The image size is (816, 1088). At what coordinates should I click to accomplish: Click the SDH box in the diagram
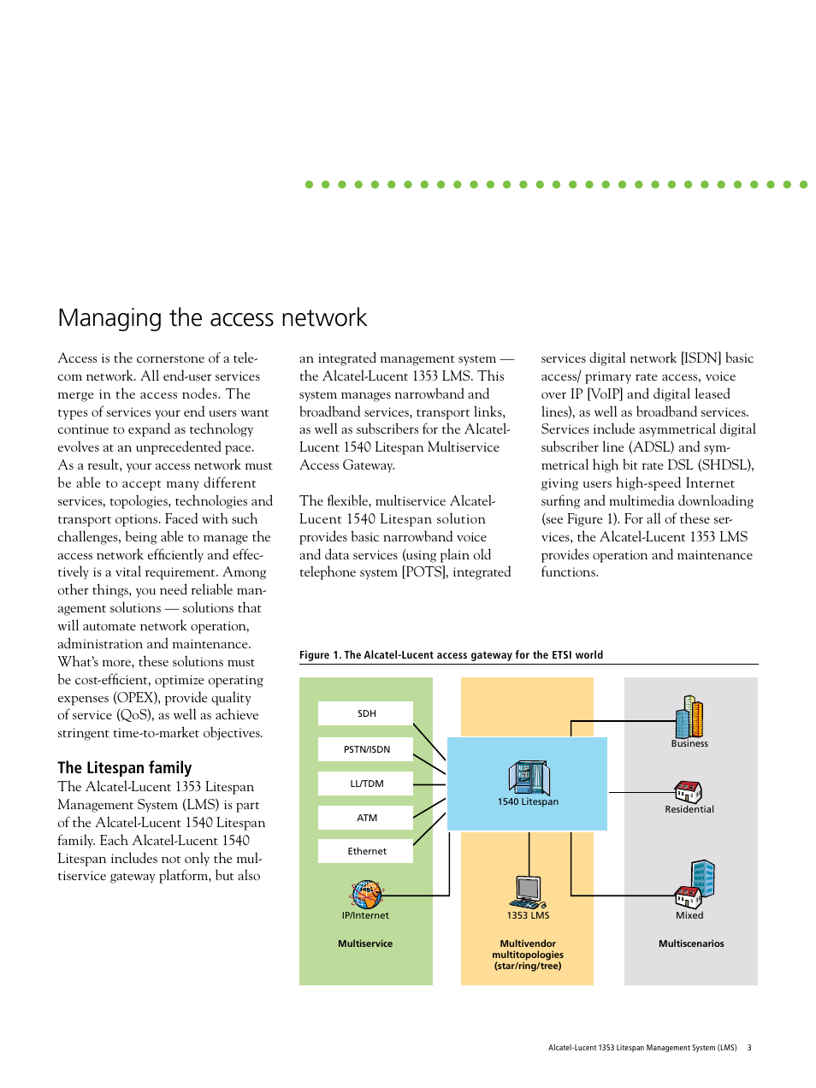pyautogui.click(x=365, y=713)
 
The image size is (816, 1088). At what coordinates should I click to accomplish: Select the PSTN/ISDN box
pyautogui.click(x=365, y=749)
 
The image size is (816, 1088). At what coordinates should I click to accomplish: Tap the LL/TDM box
pyautogui.click(x=365, y=783)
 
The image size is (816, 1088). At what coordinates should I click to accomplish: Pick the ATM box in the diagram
pyautogui.click(x=365, y=818)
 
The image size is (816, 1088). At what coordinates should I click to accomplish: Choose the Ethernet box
pyautogui.click(x=365, y=851)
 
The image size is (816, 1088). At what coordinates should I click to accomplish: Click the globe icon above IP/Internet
pyautogui.click(x=366, y=895)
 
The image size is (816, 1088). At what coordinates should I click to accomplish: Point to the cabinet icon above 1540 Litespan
pyautogui.click(x=529, y=778)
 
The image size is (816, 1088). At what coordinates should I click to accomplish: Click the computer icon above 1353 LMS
pyautogui.click(x=528, y=892)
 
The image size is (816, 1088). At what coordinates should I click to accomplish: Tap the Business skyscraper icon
pyautogui.click(x=689, y=717)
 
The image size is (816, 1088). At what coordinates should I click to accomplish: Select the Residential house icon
pyautogui.click(x=689, y=791)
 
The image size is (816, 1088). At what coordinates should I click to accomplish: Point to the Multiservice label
pyautogui.click(x=365, y=943)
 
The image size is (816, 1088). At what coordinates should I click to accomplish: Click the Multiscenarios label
pyautogui.click(x=691, y=943)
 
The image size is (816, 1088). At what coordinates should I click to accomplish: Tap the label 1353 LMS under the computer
pyautogui.click(x=528, y=915)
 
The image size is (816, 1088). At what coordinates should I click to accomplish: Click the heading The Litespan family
pyautogui.click(x=125, y=767)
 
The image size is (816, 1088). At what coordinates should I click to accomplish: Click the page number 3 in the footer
pyautogui.click(x=749, y=1048)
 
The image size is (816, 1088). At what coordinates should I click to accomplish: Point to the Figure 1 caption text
pyautogui.click(x=451, y=655)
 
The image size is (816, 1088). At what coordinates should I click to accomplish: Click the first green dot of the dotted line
pyautogui.click(x=309, y=184)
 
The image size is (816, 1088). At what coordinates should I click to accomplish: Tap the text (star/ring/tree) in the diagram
pyautogui.click(x=528, y=966)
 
